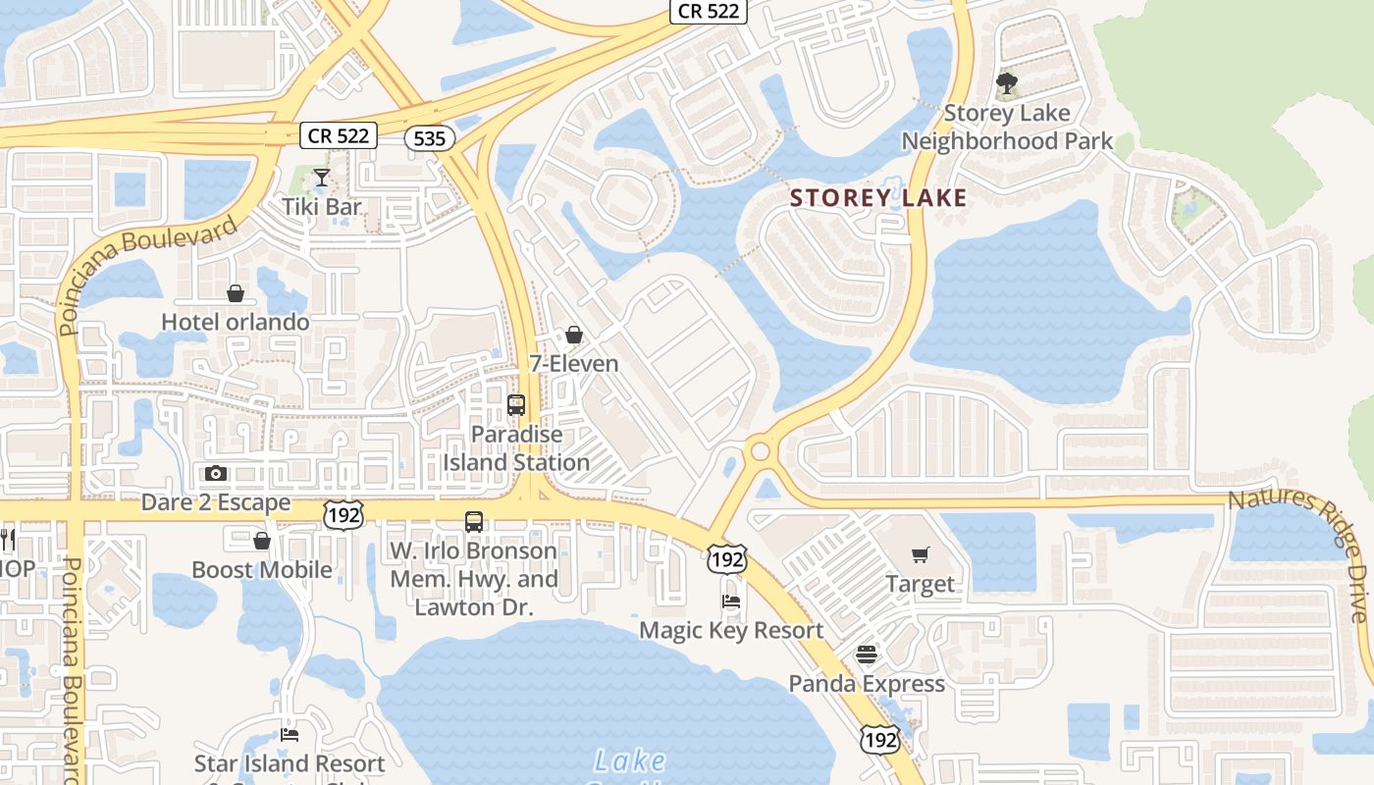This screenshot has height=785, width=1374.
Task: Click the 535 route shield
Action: click(x=430, y=138)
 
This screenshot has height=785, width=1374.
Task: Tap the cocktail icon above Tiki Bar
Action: click(x=321, y=178)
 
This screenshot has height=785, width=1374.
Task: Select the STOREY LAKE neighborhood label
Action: click(x=878, y=197)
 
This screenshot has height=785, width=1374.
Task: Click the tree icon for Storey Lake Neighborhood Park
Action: click(x=1006, y=83)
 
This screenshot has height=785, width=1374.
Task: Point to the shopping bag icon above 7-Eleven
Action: click(x=574, y=335)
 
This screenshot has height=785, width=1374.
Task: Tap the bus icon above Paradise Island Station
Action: click(x=516, y=404)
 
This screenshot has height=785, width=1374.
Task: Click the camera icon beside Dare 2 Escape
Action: click(x=216, y=473)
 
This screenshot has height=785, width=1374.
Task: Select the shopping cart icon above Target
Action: click(x=920, y=555)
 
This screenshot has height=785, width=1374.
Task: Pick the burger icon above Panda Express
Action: click(x=866, y=654)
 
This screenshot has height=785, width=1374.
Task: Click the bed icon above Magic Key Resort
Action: click(x=731, y=601)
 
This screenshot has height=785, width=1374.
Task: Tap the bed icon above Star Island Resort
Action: click(x=290, y=734)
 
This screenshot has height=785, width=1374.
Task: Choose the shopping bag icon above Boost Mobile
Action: click(x=262, y=541)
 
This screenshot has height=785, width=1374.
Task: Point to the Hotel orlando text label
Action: click(x=236, y=322)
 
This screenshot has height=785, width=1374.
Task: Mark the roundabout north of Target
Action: click(x=759, y=451)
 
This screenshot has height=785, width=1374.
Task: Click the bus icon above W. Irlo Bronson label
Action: click(x=474, y=521)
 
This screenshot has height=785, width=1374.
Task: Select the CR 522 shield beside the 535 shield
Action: click(x=339, y=135)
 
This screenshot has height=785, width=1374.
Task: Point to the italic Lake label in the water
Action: click(x=630, y=760)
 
